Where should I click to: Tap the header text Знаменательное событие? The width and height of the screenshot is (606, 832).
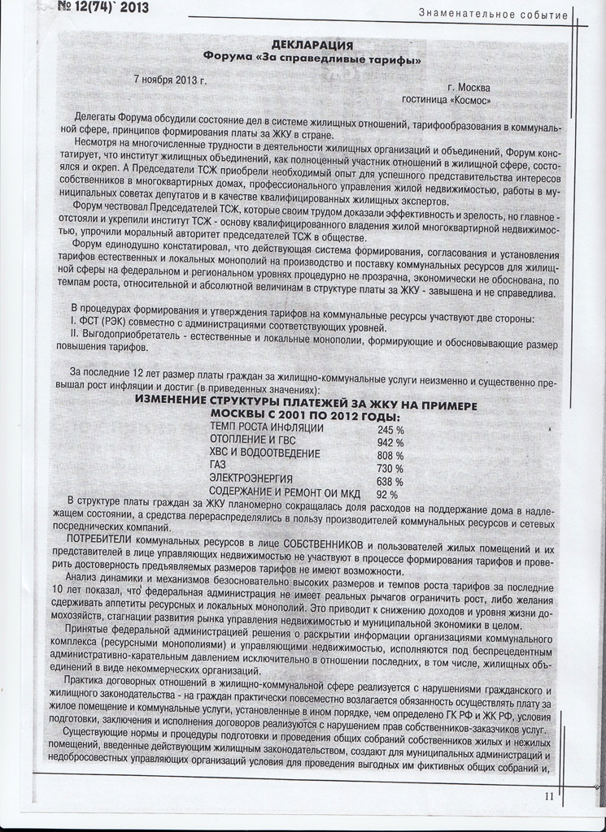pos(493,14)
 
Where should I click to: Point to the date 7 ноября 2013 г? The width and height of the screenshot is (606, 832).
pos(170,80)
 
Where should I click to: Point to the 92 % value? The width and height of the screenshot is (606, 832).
pos(387,494)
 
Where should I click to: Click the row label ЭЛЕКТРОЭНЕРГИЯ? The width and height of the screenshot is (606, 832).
pos(251,479)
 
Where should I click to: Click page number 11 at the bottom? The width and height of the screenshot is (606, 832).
pos(549,796)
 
